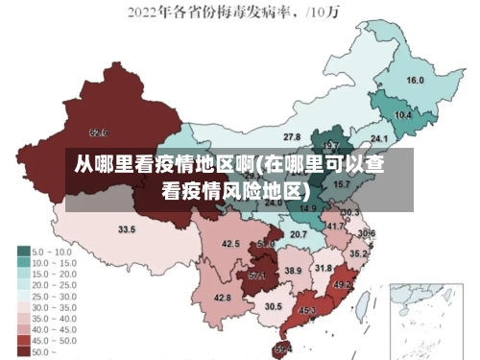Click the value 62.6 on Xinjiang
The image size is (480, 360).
pos(98,132)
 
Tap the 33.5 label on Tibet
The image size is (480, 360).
pos(127,230)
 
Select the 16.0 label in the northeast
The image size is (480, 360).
pos(416,81)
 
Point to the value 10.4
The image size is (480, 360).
pos(403,115)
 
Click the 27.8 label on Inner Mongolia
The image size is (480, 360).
pos(292,138)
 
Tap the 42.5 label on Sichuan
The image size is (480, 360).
pos(231,244)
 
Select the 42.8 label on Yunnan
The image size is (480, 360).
pos(223,298)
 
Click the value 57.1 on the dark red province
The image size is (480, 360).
pos(257,276)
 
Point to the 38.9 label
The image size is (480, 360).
pos(293,272)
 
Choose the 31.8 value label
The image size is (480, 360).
pos(324,268)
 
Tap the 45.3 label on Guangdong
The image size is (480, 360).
pos(308,310)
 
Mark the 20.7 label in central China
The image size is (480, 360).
pos(299,234)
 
